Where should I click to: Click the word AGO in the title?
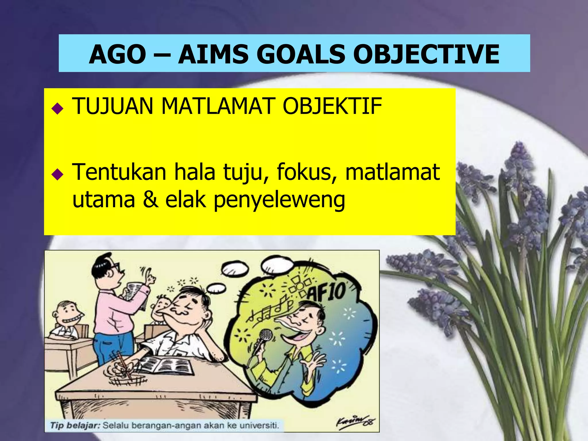pyautogui.click(x=118, y=54)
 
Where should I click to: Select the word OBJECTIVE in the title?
pyautogui.click(x=426, y=54)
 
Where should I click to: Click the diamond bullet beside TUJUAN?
pyautogui.click(x=57, y=109)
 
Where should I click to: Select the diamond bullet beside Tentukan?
pyautogui.click(x=57, y=174)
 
